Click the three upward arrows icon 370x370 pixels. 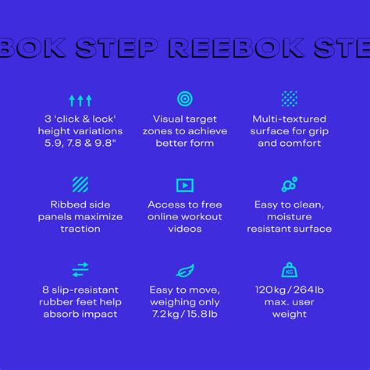[x=80, y=100]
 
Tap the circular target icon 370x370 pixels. [x=185, y=99]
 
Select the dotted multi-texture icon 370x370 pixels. [x=290, y=99]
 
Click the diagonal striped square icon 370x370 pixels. [x=80, y=185]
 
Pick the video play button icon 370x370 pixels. [x=185, y=185]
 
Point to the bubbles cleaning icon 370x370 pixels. [x=290, y=185]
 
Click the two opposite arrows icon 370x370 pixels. [x=80, y=270]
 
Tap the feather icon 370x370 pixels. [x=185, y=270]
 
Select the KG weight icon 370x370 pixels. [x=290, y=270]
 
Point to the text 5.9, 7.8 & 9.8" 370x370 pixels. [x=80, y=144]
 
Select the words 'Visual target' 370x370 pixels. [x=185, y=119]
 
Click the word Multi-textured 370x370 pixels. [x=290, y=119]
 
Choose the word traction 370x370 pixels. [x=80, y=229]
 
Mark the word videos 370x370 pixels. [x=185, y=229]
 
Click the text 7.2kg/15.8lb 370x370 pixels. [x=185, y=314]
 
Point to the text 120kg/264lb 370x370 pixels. [x=290, y=289]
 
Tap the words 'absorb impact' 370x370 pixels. [x=80, y=314]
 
